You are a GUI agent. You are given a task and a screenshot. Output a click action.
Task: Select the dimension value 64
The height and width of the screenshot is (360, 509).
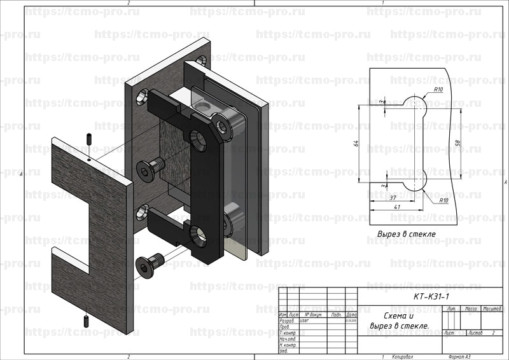[357, 144]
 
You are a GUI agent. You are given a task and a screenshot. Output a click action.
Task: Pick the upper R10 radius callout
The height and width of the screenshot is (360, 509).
[438, 90]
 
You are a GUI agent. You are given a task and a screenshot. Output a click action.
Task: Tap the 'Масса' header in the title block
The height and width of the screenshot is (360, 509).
[471, 308]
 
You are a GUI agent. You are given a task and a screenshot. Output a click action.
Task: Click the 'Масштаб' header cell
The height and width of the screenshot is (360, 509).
[491, 308]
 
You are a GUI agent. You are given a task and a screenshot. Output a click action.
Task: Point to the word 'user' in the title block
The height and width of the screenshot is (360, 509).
[303, 321]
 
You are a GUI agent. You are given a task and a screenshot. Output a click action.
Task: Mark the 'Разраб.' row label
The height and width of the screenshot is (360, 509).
[287, 321]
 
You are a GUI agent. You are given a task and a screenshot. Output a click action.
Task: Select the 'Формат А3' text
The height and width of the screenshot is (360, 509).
[459, 357]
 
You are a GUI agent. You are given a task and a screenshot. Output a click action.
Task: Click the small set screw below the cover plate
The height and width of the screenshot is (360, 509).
[85, 319]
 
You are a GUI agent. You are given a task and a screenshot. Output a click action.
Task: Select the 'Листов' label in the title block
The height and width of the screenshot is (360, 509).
[475, 333]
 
